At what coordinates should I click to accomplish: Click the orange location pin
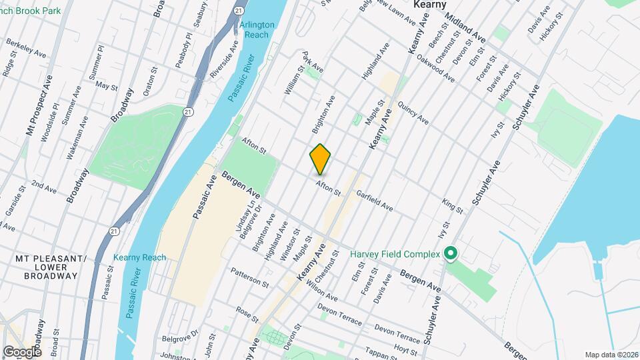tap(321, 159)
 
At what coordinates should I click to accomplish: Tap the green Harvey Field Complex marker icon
tap(450, 253)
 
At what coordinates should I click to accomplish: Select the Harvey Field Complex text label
tap(395, 254)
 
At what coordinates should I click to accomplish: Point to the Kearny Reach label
tap(139, 257)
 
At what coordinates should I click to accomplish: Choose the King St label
tap(453, 205)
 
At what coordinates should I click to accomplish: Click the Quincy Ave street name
tap(413, 113)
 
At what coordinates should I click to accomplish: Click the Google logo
tap(22, 351)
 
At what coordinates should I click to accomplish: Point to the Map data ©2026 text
tap(611, 354)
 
